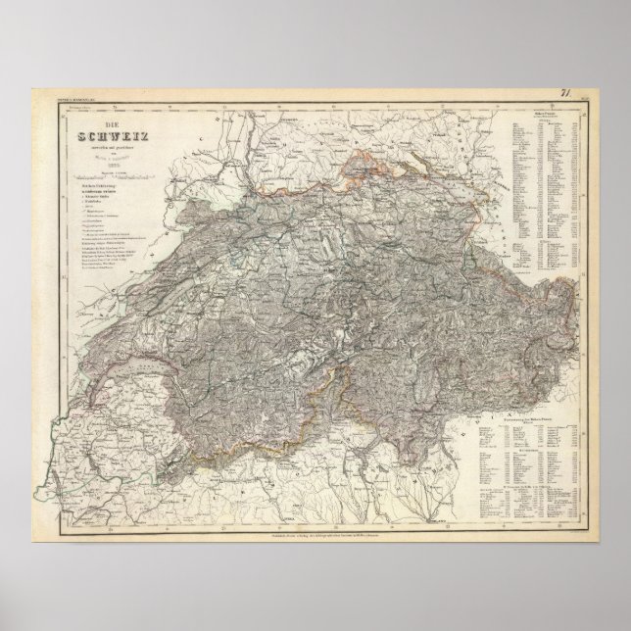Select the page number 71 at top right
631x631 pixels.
pyautogui.click(x=565, y=93)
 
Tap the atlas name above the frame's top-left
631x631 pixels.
pyautogui.click(x=81, y=98)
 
